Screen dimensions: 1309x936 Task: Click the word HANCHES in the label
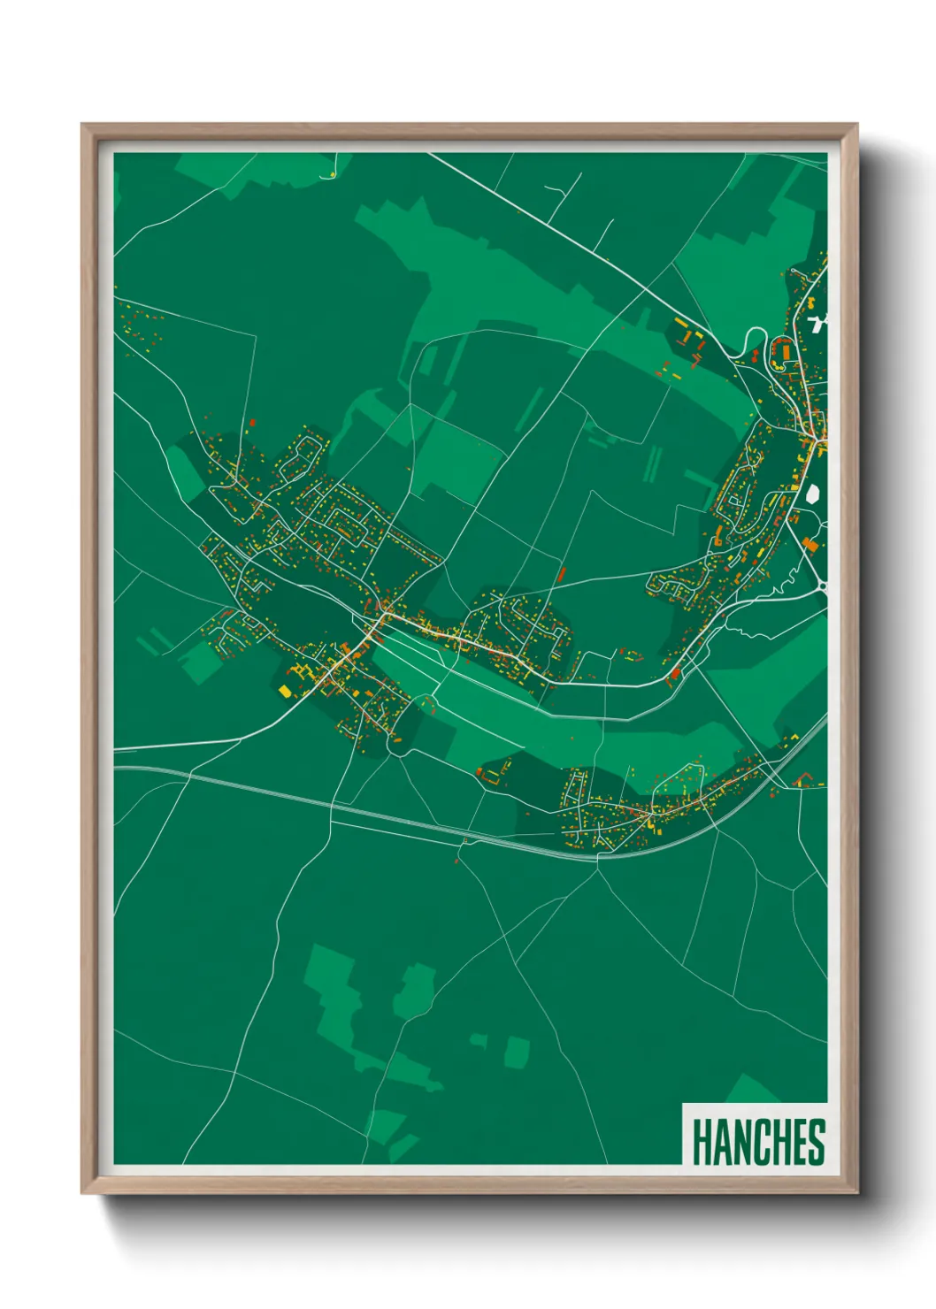coord(757,1141)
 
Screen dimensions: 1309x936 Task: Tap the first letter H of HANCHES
coord(700,1141)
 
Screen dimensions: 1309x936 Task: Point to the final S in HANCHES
coord(817,1141)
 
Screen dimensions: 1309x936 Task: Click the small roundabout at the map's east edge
coord(821,585)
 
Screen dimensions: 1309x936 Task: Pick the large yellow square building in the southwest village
coord(285,691)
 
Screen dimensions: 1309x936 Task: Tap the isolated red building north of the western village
coord(252,423)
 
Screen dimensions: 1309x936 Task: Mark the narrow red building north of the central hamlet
coord(561,573)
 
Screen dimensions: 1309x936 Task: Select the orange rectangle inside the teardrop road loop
coord(781,350)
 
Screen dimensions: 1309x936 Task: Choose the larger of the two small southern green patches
coord(517,1052)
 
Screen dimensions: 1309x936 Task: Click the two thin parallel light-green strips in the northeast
coord(654,463)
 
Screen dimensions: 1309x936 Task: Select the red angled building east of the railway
coord(803,778)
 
